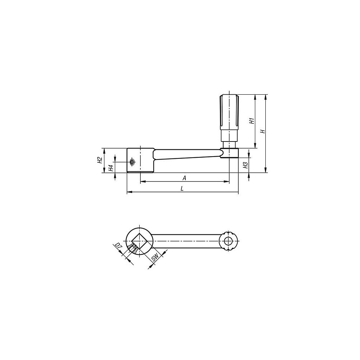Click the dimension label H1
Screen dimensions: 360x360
point(252,121)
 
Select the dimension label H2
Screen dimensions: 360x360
point(99,160)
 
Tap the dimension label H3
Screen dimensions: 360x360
point(246,165)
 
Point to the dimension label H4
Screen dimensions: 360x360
point(111,168)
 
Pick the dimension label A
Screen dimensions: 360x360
point(184,178)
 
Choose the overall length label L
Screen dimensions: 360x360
point(182,189)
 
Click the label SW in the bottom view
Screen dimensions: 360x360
point(156,258)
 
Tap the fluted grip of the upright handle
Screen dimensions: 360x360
point(229,112)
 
